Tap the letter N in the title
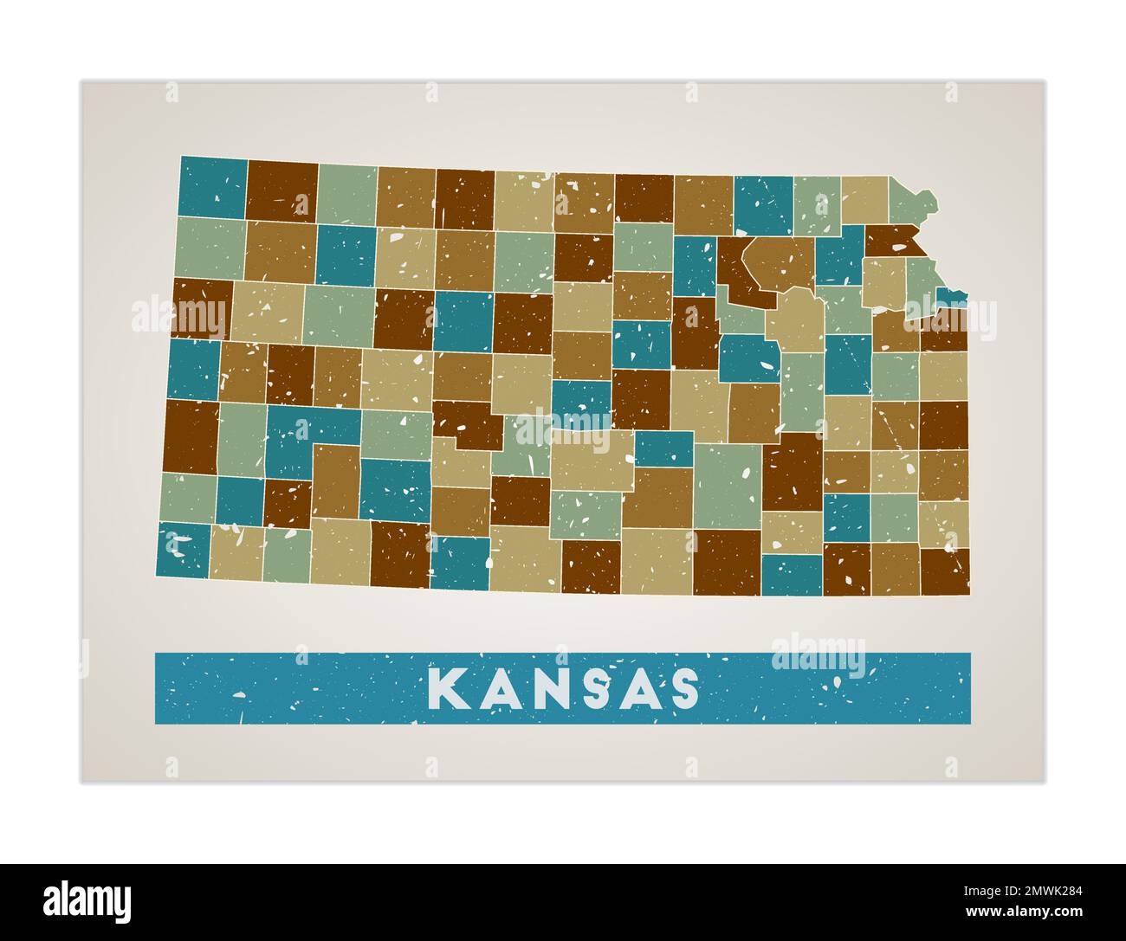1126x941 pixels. (541, 688)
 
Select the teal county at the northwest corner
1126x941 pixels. (212, 187)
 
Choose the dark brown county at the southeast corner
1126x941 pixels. (944, 571)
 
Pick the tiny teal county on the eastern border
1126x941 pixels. (952, 296)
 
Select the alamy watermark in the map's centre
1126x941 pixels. (563, 424)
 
